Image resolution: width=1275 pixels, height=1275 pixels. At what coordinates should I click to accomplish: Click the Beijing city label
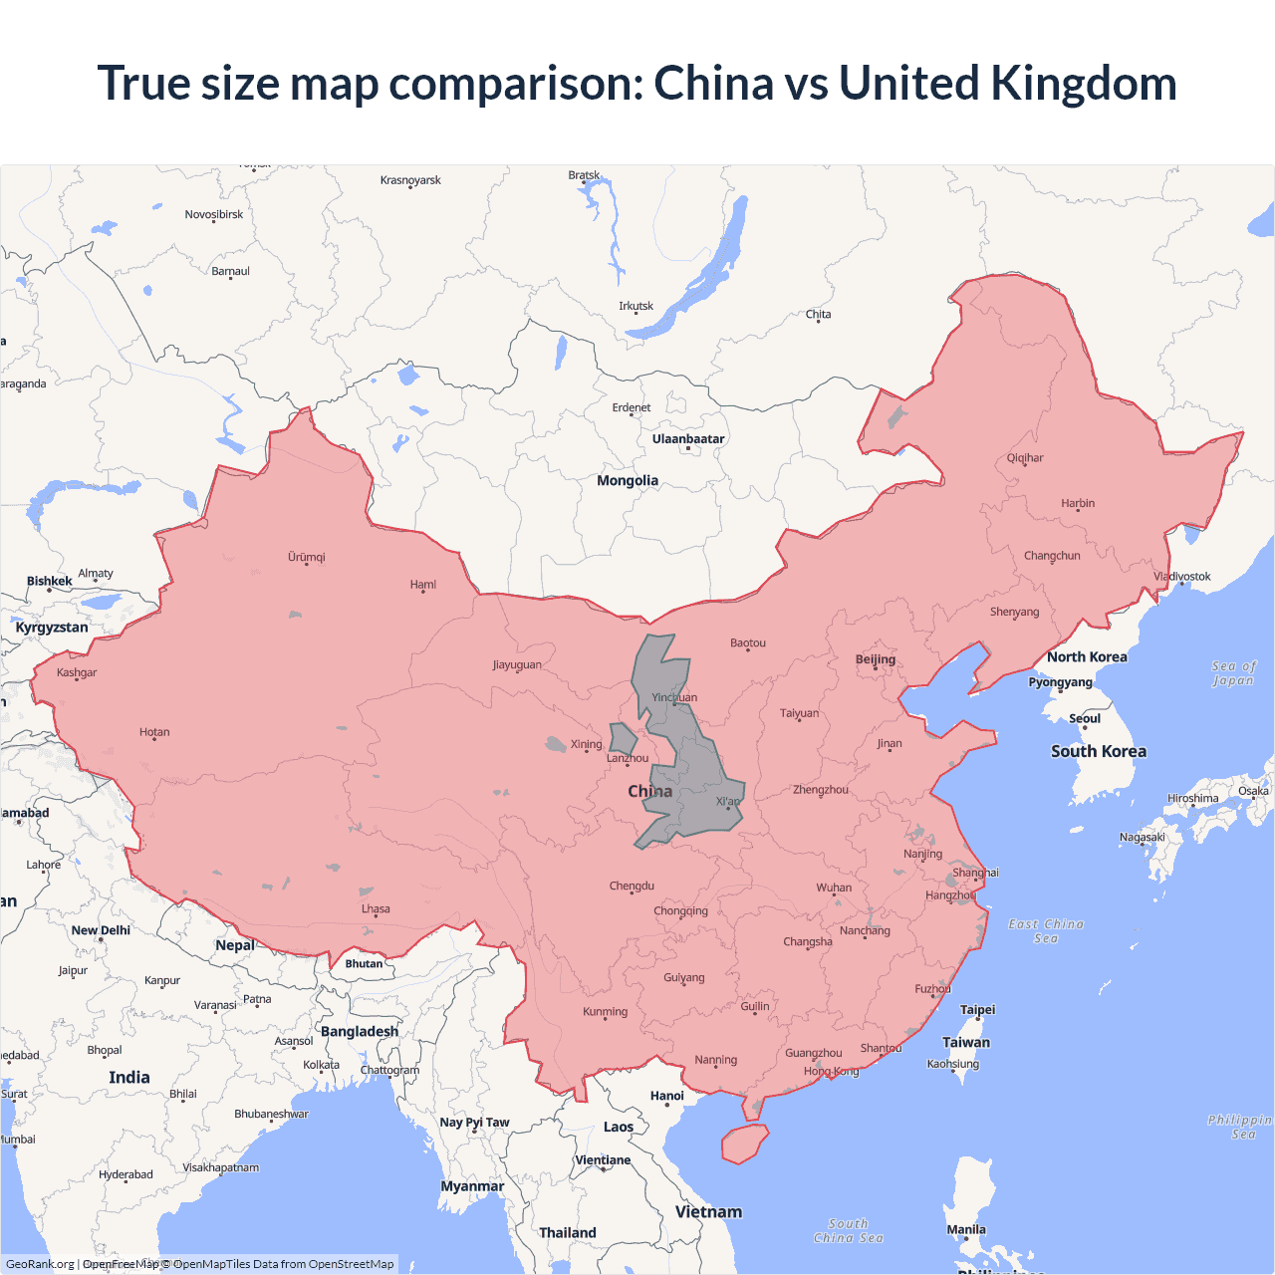coord(876,659)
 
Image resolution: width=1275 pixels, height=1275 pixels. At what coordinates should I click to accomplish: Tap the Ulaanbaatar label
coord(688,439)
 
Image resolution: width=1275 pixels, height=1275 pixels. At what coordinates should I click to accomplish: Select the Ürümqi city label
coord(307,557)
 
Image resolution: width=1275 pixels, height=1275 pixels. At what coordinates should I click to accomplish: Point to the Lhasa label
coord(376,908)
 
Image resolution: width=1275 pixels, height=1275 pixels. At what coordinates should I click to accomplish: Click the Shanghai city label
coord(975,873)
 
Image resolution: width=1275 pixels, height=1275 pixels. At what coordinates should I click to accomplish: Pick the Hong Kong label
coord(831,1071)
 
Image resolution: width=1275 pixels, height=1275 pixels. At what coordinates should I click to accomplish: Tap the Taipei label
coord(977,1010)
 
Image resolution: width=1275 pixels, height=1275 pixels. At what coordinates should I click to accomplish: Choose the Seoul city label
coord(1085,718)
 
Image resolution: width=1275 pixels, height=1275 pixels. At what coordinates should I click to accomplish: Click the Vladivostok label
coord(1182,577)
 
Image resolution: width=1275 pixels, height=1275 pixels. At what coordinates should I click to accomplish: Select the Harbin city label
coord(1078,503)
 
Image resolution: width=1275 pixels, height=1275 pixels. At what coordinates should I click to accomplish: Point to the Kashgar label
coord(77,672)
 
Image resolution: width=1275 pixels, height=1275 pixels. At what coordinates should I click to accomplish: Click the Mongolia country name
coord(628,480)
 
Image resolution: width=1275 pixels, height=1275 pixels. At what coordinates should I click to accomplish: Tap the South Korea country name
coord(1099,751)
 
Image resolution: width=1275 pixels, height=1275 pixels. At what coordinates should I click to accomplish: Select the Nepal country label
coord(235,945)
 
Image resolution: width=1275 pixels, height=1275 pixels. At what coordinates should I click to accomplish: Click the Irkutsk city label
coord(636,306)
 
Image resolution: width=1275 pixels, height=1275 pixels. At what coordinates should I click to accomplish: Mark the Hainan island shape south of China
coord(744,1143)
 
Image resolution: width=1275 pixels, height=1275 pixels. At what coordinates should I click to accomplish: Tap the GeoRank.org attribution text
coord(40,1264)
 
